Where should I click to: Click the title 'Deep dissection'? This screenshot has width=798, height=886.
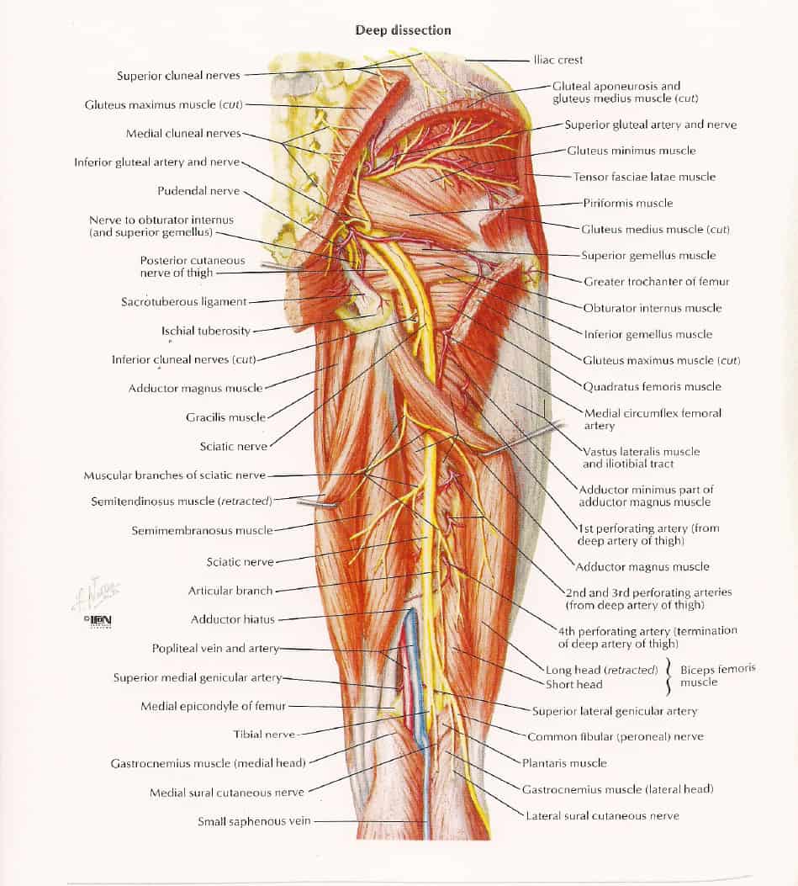pyautogui.click(x=403, y=30)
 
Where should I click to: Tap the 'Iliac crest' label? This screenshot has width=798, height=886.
pyautogui.click(x=558, y=60)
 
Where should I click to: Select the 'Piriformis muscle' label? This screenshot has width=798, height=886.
pyautogui.click(x=627, y=203)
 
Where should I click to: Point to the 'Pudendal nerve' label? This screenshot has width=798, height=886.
pyautogui.click(x=198, y=191)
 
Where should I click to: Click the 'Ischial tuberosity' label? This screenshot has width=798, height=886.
pyautogui.click(x=205, y=332)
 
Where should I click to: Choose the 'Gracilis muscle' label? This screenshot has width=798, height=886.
pyautogui.click(x=225, y=417)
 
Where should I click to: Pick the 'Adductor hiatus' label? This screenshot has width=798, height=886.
pyautogui.click(x=232, y=619)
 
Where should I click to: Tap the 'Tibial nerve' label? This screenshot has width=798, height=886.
pyautogui.click(x=264, y=735)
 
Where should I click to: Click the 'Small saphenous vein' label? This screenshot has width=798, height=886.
pyautogui.click(x=254, y=821)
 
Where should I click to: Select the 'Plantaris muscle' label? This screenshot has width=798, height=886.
pyautogui.click(x=564, y=763)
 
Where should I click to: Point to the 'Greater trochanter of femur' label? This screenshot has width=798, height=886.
pyautogui.click(x=656, y=281)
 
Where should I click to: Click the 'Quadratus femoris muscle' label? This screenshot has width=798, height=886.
pyautogui.click(x=652, y=386)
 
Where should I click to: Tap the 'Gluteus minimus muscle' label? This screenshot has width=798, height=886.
pyautogui.click(x=632, y=151)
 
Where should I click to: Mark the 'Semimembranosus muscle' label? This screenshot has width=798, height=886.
pyautogui.click(x=202, y=531)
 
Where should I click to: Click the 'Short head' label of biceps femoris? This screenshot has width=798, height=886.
pyautogui.click(x=573, y=685)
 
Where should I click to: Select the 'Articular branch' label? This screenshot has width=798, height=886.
pyautogui.click(x=230, y=591)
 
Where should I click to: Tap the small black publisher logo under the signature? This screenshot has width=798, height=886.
pyautogui.click(x=98, y=620)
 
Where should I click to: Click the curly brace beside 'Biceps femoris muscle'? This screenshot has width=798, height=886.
pyautogui.click(x=669, y=676)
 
